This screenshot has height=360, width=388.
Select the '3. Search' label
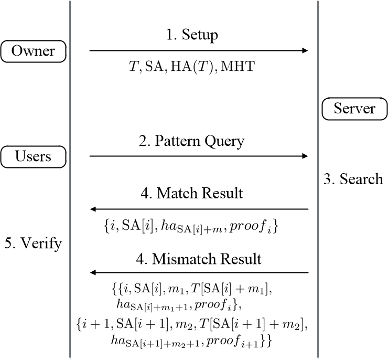(x=353, y=179)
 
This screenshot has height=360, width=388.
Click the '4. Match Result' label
(x=199, y=193)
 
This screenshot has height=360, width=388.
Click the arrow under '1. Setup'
(x=199, y=51)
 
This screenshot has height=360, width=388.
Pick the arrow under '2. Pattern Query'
(x=199, y=156)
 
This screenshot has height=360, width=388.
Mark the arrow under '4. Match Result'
(x=199, y=209)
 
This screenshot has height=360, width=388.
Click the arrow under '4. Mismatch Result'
(x=199, y=273)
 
